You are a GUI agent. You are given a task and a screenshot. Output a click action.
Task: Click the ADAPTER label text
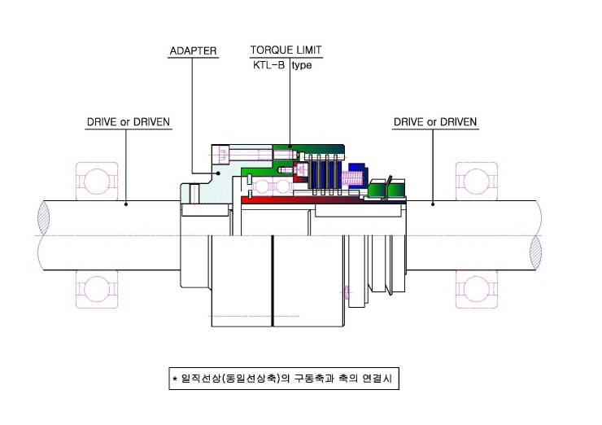193,50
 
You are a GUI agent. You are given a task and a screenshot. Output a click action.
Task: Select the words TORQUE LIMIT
286,50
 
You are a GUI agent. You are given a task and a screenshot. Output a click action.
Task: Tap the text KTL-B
268,65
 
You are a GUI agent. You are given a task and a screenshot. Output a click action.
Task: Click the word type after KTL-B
302,65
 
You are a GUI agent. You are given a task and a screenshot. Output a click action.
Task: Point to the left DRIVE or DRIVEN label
129,122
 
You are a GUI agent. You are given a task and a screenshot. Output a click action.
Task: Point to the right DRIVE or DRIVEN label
435,122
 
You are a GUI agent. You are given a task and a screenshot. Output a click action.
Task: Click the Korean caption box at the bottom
284,379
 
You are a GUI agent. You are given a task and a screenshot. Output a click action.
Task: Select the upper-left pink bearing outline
97,182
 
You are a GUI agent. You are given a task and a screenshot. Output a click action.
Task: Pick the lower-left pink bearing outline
97,289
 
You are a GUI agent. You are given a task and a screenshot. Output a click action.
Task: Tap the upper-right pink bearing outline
477,182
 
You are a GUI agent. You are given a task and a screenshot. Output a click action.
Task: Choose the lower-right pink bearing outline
477,289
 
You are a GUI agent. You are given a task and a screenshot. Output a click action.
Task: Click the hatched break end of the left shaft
43,218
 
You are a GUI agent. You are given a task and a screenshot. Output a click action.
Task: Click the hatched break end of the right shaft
535,252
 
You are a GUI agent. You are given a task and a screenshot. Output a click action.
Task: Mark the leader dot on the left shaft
126,204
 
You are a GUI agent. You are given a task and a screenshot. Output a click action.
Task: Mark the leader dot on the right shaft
433,204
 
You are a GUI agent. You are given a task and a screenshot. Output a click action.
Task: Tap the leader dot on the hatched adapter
219,173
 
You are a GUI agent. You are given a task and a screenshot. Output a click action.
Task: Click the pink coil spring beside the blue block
352,177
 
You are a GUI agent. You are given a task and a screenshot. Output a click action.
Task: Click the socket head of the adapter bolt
223,155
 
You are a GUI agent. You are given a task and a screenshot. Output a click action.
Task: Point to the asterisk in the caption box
175,379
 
